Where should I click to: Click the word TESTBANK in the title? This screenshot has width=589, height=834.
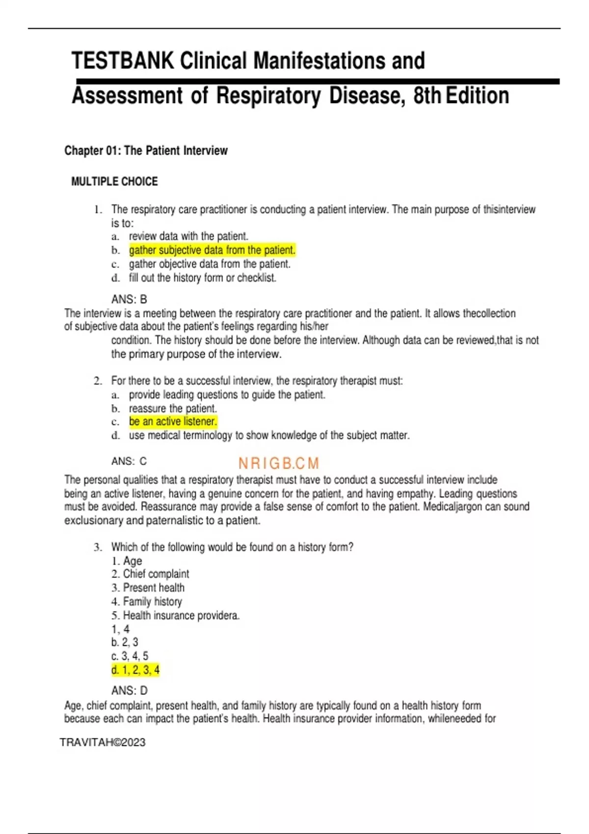(123, 61)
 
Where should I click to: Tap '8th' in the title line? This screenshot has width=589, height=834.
(427, 96)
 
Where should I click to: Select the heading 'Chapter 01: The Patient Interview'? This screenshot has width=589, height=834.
(146, 151)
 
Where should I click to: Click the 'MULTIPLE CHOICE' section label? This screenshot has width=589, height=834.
(114, 182)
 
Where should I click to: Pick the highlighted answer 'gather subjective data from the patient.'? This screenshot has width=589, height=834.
(212, 250)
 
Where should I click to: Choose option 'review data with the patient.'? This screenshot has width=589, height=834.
(188, 236)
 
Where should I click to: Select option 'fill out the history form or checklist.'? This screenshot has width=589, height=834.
(202, 278)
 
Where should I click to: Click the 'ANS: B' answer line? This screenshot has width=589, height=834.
(129, 299)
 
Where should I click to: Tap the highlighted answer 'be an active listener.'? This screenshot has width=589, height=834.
(173, 421)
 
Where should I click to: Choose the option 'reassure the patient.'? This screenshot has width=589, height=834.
(173, 408)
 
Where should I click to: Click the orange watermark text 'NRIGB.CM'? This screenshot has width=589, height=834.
(278, 463)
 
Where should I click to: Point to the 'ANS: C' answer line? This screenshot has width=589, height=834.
(129, 461)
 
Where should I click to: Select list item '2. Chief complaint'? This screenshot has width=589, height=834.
(150, 574)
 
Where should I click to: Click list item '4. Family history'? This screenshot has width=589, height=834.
(146, 601)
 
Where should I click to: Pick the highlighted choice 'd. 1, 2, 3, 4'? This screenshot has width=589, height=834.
(135, 670)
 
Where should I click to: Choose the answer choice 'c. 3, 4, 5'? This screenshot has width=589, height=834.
(130, 656)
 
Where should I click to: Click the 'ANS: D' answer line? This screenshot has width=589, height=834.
(129, 690)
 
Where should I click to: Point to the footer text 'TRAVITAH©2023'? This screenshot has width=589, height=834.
(103, 742)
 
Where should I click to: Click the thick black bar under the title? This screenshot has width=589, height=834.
(318, 81)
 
